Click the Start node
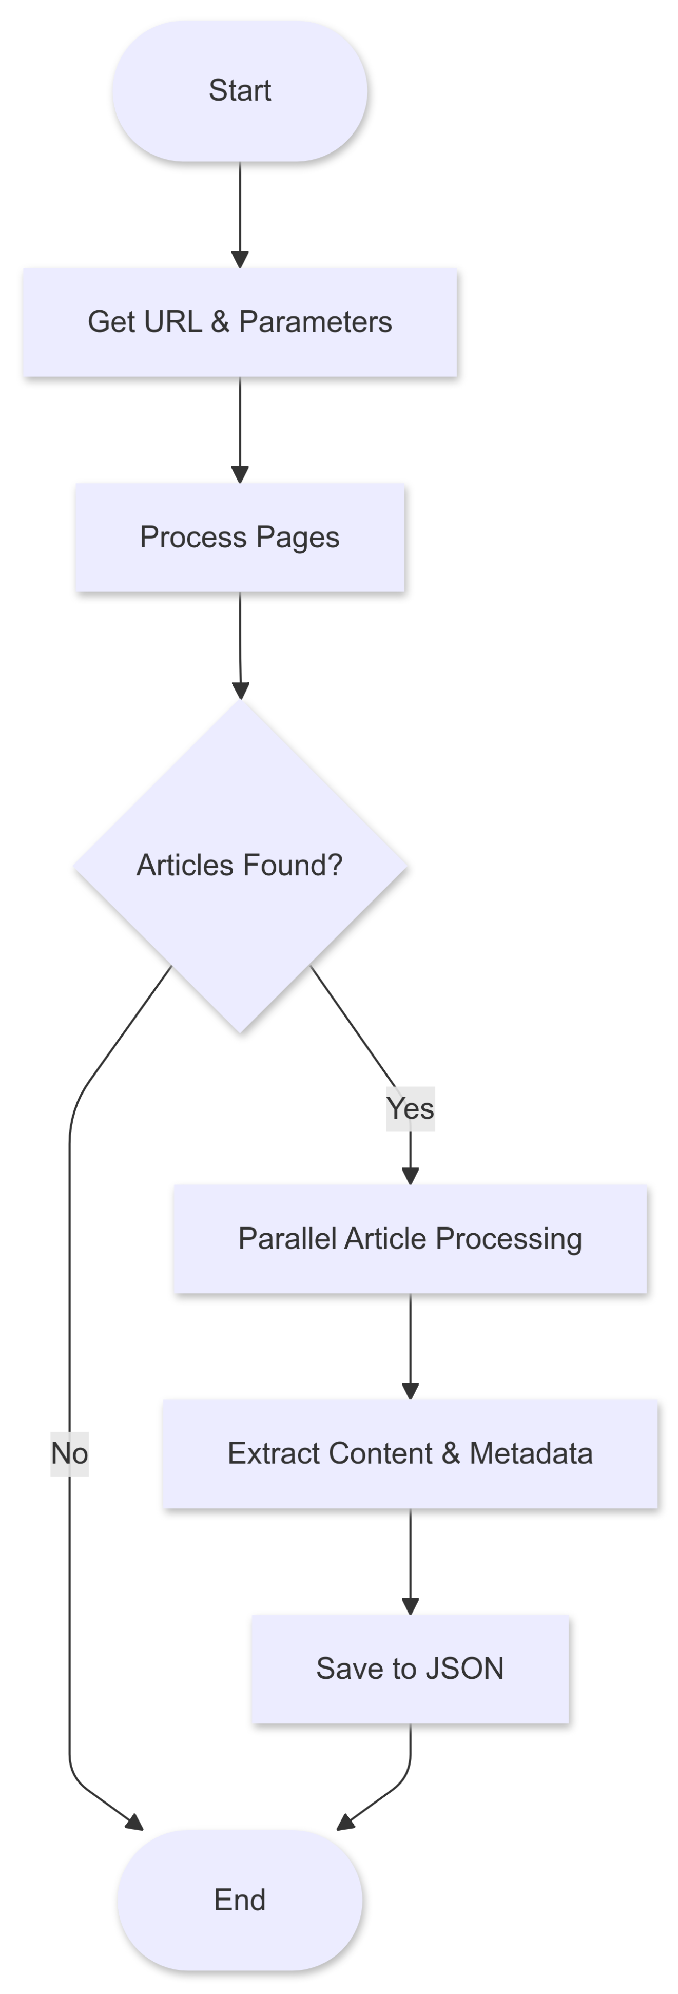tap(240, 90)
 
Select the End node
tap(240, 1900)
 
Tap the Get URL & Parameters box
tap(240, 322)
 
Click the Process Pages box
tap(240, 537)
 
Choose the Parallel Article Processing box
tap(410, 1238)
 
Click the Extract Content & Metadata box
tap(410, 1454)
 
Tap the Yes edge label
tap(410, 1108)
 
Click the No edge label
tap(70, 1454)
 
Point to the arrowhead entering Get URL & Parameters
tap(240, 259)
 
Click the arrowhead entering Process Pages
tap(240, 474)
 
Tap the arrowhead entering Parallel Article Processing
tap(410, 1176)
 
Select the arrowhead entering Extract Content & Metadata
tap(410, 1391)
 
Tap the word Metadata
tap(531, 1454)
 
